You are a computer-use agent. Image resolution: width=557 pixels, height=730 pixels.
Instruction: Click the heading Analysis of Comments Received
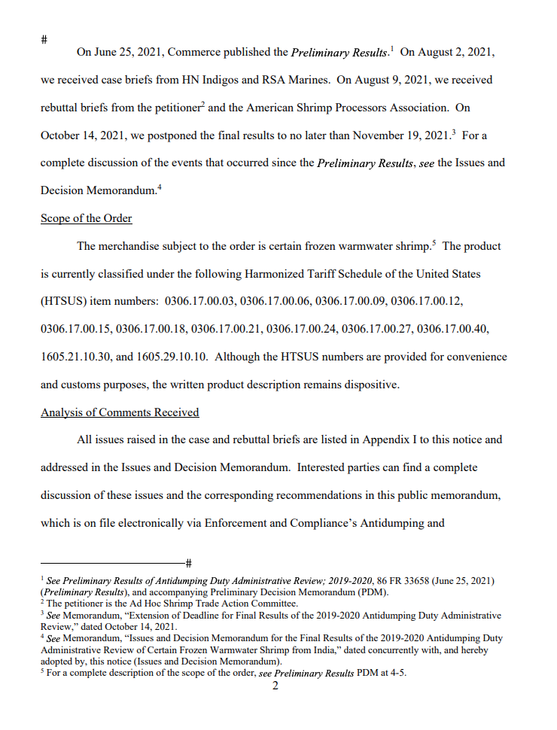[120, 412]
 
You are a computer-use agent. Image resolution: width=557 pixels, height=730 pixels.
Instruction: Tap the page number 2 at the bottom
[275, 685]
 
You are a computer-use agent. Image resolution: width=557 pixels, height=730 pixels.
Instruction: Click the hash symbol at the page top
[44, 38]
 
